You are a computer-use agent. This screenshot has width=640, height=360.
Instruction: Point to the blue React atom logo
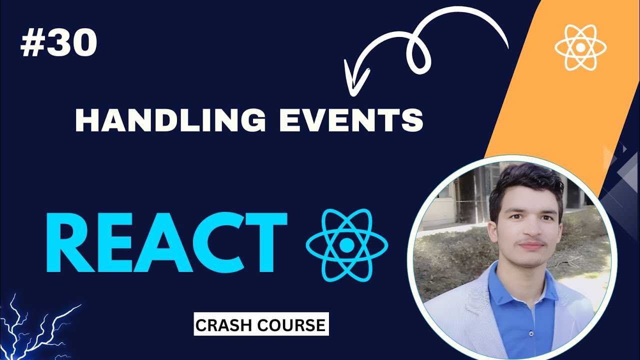coord(346,244)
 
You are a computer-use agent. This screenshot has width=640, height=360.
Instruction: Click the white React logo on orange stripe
coord(580,47)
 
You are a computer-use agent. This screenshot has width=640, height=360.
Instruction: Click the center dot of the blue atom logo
coord(346,244)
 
